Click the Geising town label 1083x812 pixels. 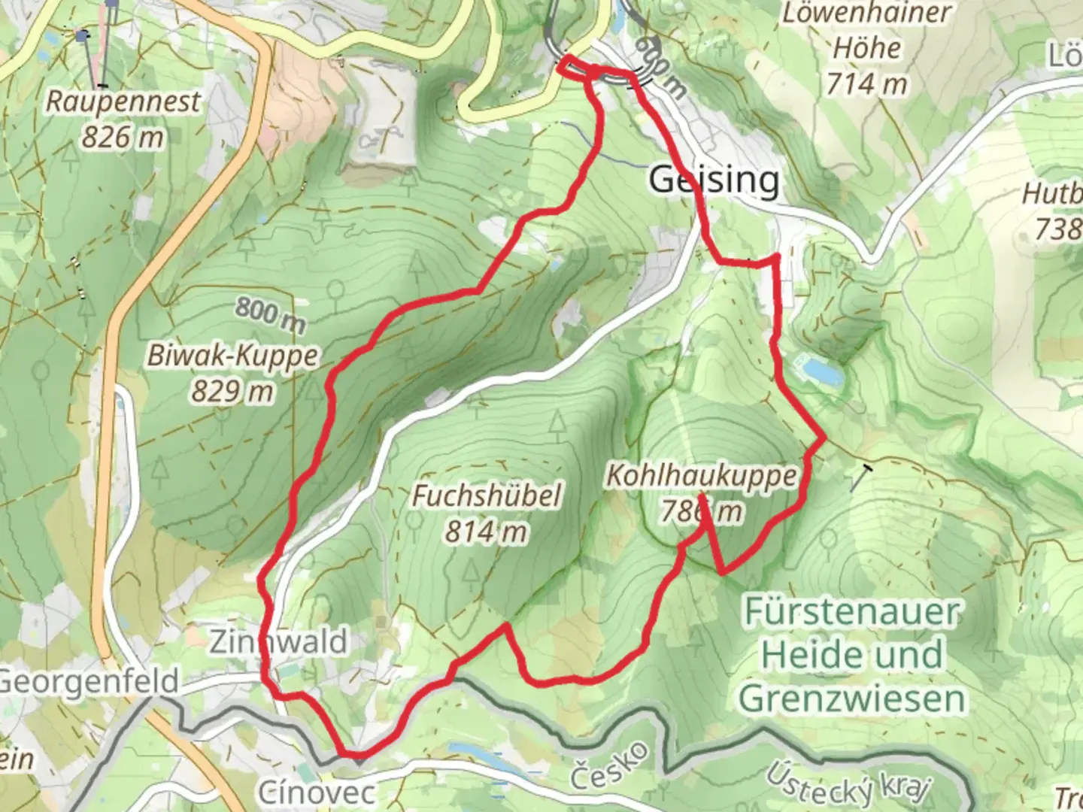[x=714, y=180]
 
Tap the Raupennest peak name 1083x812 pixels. [x=123, y=101]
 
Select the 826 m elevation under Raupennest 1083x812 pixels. [x=123, y=137]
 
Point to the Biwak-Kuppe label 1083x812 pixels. [x=232, y=355]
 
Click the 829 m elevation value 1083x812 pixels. [x=232, y=391]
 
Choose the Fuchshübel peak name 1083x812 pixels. [x=487, y=495]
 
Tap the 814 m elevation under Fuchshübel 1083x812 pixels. [x=487, y=532]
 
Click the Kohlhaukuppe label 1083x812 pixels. [x=701, y=475]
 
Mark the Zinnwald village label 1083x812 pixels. [x=278, y=641]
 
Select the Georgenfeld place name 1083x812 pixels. [x=89, y=682]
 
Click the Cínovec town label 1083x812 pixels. [x=316, y=792]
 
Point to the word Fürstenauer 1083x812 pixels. [x=852, y=612]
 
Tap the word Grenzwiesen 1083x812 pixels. [x=852, y=698]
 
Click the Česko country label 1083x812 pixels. [x=609, y=765]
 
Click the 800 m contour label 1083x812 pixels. [x=271, y=314]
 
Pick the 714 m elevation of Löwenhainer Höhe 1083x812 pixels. [x=866, y=83]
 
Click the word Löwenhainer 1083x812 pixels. [x=866, y=13]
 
